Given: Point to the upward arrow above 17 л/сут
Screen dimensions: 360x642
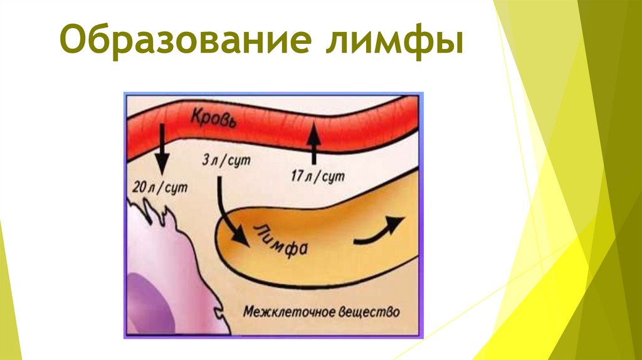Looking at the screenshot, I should (x=312, y=142).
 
